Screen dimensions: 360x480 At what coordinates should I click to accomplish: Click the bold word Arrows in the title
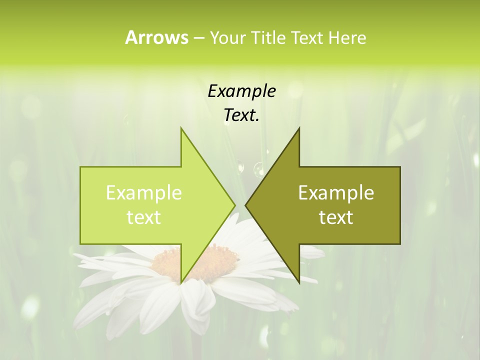tap(156, 37)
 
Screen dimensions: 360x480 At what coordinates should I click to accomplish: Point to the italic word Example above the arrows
tap(241, 91)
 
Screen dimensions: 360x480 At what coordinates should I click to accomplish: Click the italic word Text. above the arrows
tap(241, 115)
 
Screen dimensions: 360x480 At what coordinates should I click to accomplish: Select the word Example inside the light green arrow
tap(143, 193)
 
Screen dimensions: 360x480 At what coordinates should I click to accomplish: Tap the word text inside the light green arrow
tap(143, 217)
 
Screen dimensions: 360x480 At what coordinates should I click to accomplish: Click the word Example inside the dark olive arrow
tap(336, 193)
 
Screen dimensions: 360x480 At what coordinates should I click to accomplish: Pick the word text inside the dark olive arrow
tap(336, 217)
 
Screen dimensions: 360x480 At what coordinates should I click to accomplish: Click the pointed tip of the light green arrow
tap(234, 205)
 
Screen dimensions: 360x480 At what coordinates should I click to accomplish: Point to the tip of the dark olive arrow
tap(245, 205)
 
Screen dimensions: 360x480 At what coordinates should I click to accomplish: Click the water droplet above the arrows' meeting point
tap(258, 169)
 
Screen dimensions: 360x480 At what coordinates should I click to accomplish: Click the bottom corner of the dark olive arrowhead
tap(299, 282)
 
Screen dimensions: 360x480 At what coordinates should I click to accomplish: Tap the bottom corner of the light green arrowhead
tap(181, 282)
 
